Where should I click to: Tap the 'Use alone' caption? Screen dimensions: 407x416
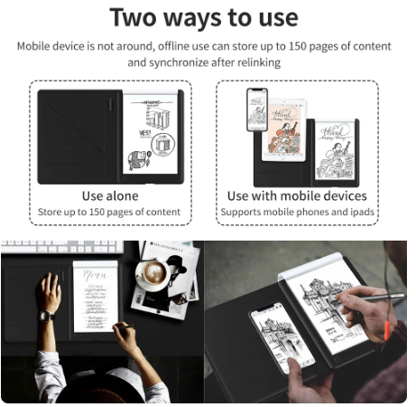pyautogui.click(x=110, y=195)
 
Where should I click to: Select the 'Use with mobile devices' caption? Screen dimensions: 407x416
pyautogui.click(x=297, y=195)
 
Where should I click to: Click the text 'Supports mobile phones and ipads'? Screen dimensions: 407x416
pyautogui.click(x=297, y=213)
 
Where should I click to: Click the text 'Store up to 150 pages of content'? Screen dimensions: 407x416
pyautogui.click(x=110, y=213)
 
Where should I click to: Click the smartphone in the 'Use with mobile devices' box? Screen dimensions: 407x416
pyautogui.click(x=258, y=109)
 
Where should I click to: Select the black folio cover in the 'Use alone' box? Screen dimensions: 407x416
pyautogui.click(x=78, y=136)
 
